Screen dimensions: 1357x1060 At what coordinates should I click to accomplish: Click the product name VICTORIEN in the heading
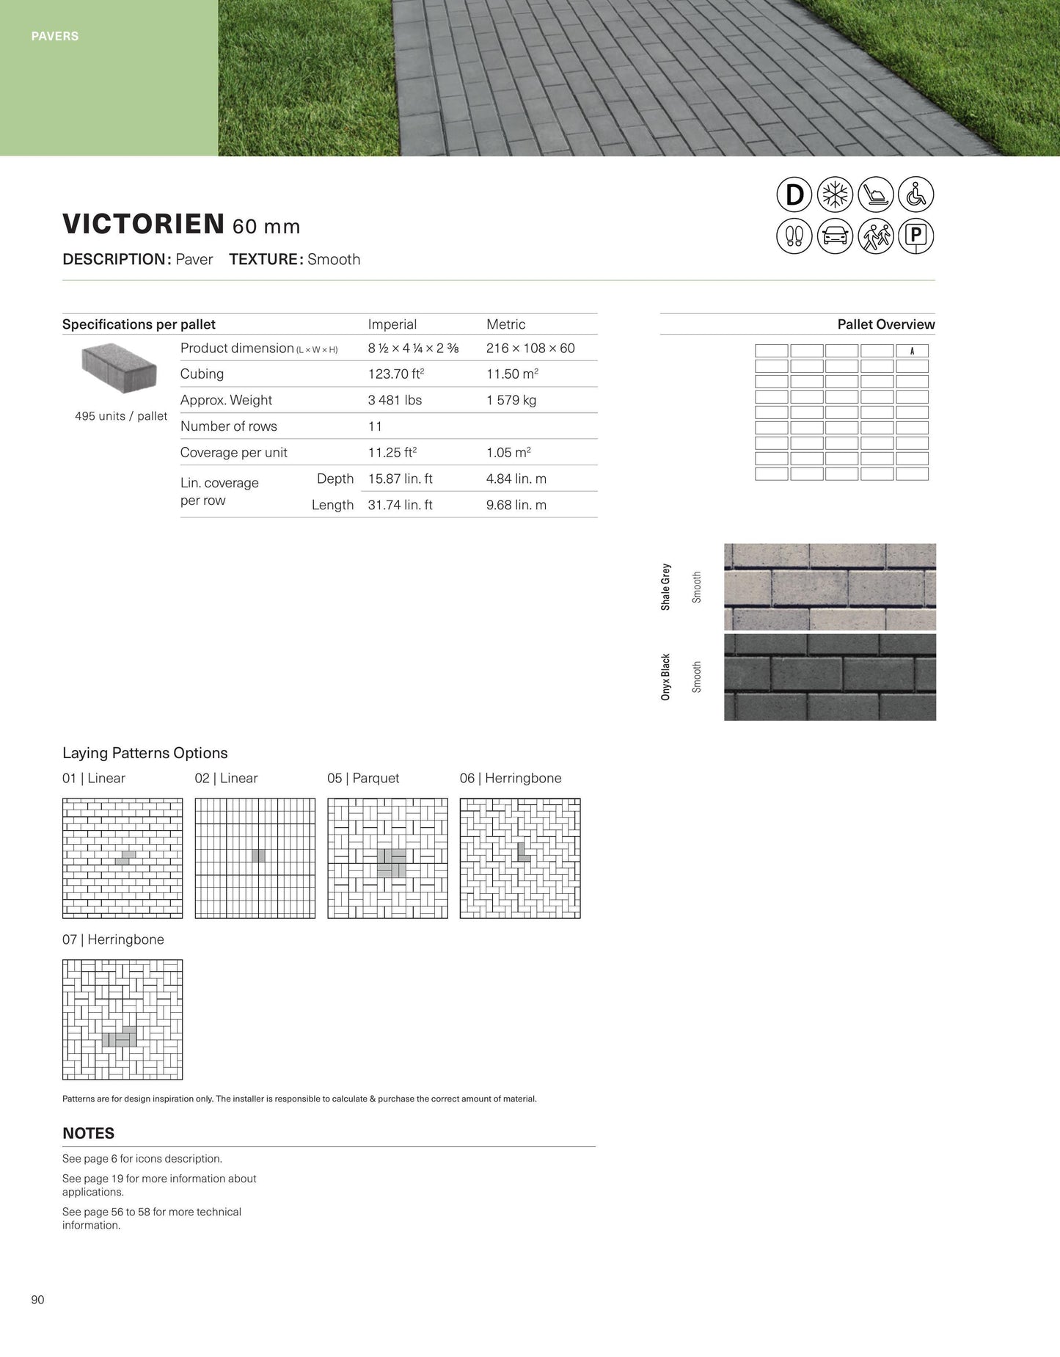coord(143,224)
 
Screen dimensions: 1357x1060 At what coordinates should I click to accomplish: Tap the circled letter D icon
coord(794,195)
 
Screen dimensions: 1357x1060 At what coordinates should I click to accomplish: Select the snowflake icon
coord(835,195)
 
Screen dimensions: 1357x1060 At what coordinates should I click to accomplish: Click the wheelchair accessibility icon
coord(916,195)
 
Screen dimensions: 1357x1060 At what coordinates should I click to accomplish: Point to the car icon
coord(835,236)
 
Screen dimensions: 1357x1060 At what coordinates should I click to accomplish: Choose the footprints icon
coord(794,236)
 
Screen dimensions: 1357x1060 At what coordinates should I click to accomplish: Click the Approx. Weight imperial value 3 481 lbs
coord(395,400)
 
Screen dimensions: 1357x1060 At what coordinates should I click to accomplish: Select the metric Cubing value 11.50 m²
coord(512,374)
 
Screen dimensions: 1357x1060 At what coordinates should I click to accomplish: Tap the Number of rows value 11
coord(375,426)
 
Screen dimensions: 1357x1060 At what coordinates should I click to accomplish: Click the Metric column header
coord(505,324)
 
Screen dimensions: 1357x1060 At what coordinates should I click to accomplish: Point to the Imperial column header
coord(392,324)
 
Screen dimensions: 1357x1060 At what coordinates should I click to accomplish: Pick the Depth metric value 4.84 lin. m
coord(516,479)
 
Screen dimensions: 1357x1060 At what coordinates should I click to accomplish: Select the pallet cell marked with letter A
coord(912,351)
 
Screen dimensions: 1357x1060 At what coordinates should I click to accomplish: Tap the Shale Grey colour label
coord(665,586)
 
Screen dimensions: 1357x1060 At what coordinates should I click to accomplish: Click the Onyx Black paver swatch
coord(830,677)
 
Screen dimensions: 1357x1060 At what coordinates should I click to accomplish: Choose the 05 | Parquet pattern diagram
coord(387,858)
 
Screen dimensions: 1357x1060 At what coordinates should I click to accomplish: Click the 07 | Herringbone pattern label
coord(113,939)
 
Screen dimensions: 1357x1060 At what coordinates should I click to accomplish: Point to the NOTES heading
coord(88,1133)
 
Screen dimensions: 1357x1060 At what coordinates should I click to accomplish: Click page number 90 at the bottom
coord(38,1300)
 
